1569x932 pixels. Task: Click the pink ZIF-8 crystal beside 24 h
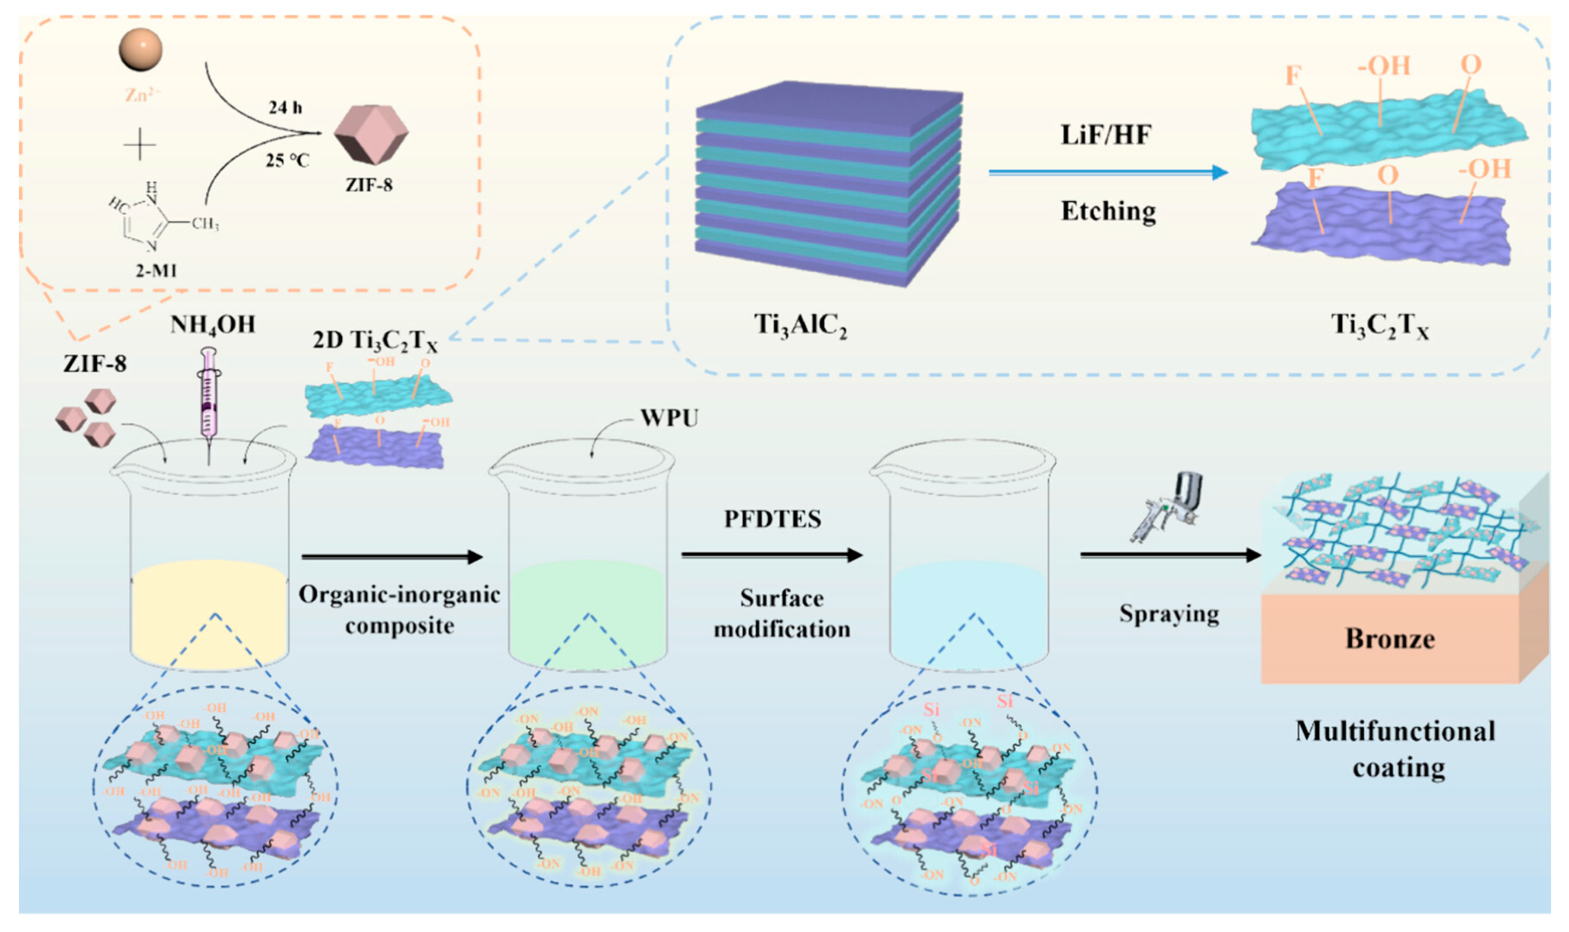click(371, 134)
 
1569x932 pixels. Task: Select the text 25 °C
click(287, 161)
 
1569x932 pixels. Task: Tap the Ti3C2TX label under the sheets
click(1380, 326)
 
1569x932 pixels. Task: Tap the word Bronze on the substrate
click(1390, 639)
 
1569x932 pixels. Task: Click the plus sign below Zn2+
click(139, 146)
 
